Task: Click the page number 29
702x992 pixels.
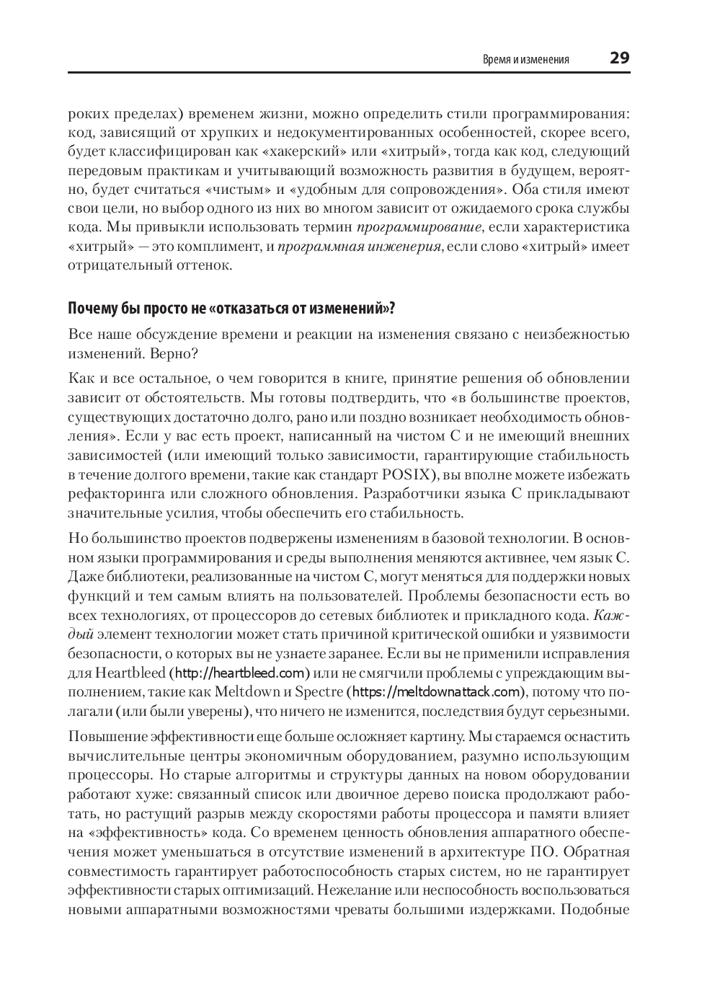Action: coord(619,58)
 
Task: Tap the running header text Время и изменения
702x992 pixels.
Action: coord(525,60)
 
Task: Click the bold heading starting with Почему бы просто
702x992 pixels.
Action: coord(231,309)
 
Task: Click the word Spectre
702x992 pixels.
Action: coord(319,692)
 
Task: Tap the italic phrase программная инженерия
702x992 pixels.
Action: coord(359,247)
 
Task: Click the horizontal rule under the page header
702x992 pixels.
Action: coord(349,73)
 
